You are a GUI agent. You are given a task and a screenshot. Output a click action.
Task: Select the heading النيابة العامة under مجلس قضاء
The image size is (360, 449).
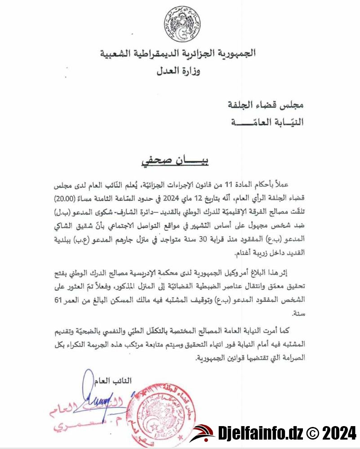pos(268,121)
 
